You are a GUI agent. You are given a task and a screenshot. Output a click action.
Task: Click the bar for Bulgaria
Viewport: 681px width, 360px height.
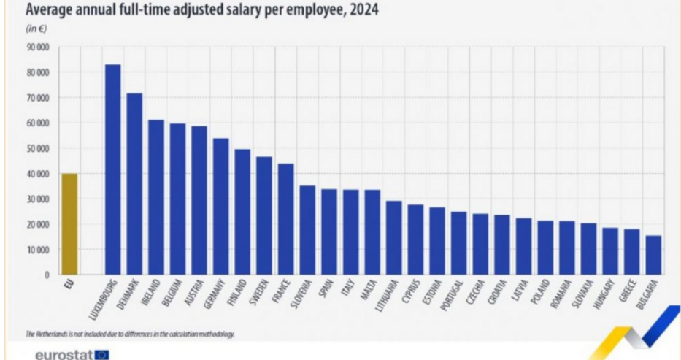tap(653, 255)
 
